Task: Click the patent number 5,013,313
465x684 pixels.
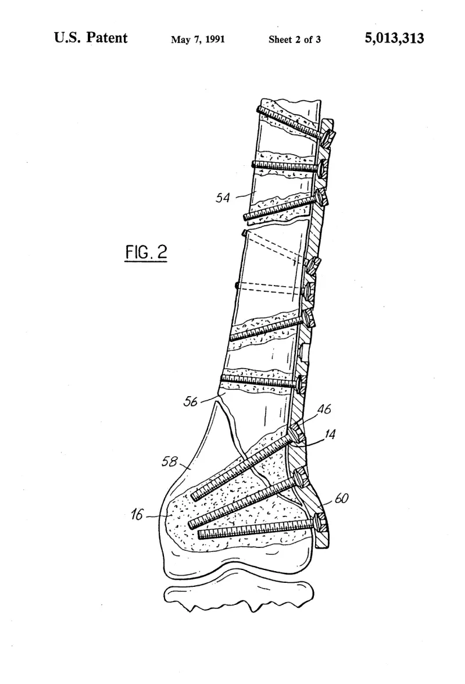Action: pos(394,38)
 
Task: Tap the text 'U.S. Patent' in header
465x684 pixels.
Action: pos(91,37)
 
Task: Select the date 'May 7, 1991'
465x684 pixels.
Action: pos(198,40)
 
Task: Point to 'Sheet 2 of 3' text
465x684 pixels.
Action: pos(295,40)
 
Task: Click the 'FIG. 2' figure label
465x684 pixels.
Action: pos(146,252)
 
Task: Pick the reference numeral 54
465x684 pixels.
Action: pos(222,198)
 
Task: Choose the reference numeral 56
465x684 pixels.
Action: pos(191,401)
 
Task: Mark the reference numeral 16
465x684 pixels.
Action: pos(137,515)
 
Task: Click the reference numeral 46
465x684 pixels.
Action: pos(324,409)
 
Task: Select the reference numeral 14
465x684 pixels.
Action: pos(330,434)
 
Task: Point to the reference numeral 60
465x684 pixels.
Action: pos(341,498)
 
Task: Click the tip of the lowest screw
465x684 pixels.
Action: pos(199,535)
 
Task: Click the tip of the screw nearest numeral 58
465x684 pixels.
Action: pos(194,496)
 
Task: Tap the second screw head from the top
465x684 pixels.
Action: pos(323,166)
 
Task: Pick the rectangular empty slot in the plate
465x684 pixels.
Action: pos(304,352)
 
